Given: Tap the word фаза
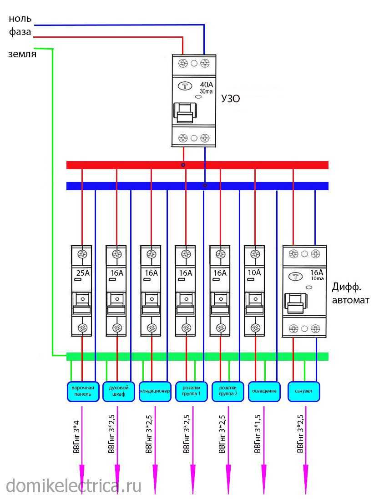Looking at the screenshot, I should (x=20, y=32).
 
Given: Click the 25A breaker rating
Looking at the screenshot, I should (x=82, y=273).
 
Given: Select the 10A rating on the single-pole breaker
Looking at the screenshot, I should (x=255, y=272).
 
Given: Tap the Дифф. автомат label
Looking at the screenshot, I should (x=350, y=293).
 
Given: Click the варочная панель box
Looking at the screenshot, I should (x=82, y=391).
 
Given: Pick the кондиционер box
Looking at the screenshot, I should (x=155, y=391).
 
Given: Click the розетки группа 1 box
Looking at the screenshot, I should (x=191, y=391).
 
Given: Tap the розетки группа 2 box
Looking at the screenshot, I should (x=227, y=391).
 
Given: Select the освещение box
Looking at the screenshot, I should (x=264, y=391).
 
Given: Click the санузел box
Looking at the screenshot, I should (x=303, y=391).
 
